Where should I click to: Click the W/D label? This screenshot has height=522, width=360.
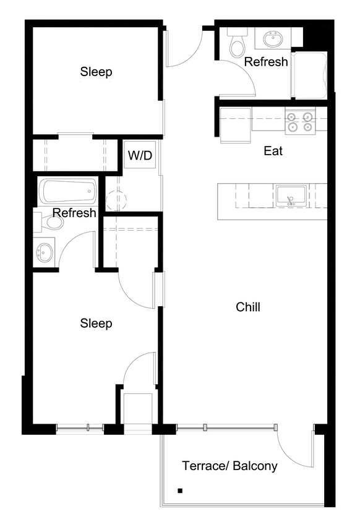(x=140, y=155)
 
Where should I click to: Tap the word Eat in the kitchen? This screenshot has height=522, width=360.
(x=273, y=150)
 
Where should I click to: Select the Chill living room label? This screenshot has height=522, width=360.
(x=248, y=307)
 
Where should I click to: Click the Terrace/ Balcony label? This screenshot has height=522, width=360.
(x=229, y=466)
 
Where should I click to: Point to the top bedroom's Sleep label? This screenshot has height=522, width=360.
(x=96, y=72)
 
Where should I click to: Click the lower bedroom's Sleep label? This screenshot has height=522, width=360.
(x=96, y=323)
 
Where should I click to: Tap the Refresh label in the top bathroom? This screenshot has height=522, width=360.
(x=266, y=62)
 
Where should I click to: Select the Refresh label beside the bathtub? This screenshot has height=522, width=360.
(x=74, y=213)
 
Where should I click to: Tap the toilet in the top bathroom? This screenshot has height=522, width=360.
(x=237, y=43)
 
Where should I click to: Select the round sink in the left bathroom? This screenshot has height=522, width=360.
(x=45, y=252)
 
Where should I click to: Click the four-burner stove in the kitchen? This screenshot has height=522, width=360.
(x=300, y=121)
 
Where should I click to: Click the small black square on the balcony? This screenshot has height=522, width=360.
(x=181, y=491)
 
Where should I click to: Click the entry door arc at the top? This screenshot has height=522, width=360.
(x=186, y=49)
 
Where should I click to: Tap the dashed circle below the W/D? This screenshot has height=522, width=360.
(x=116, y=199)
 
